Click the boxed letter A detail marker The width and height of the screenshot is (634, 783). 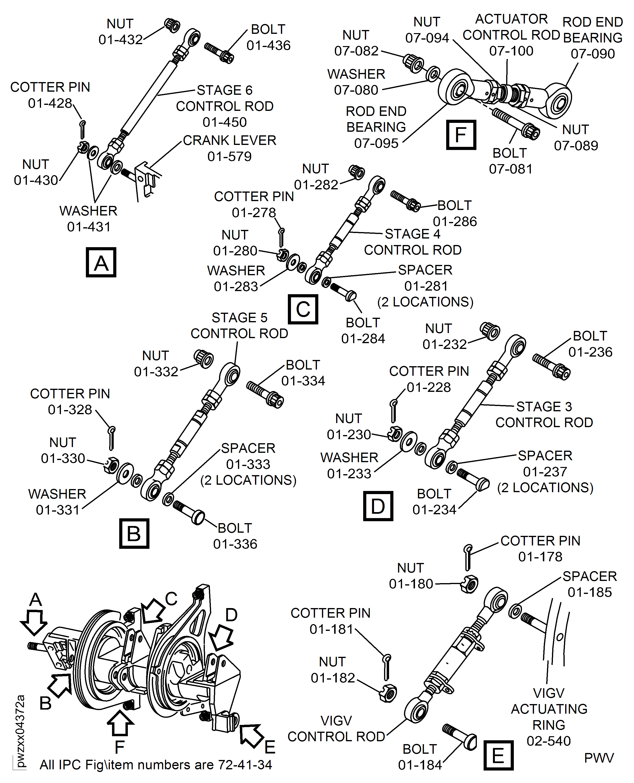101,262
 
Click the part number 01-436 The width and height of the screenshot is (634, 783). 268,45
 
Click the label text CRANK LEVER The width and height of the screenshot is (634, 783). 229,140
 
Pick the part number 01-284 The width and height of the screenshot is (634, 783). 363,339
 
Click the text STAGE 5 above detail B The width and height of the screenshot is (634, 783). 240,317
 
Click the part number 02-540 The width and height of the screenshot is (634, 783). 549,741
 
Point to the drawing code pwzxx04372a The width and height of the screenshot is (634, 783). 20,730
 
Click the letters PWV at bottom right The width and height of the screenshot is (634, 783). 599,758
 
